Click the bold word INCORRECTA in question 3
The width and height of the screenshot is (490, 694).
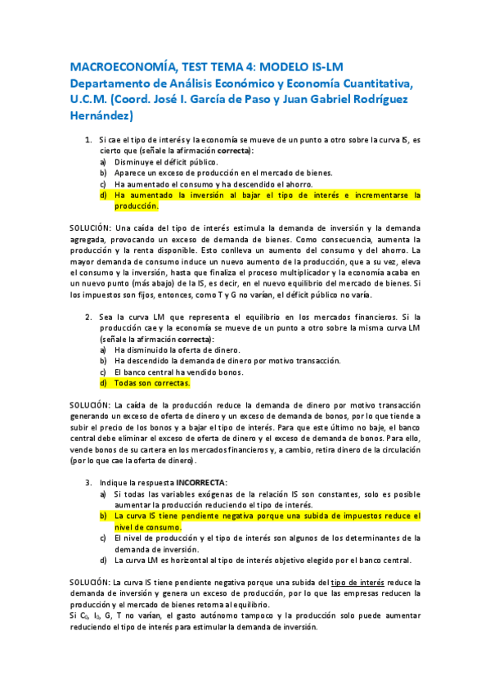tap(202, 482)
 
